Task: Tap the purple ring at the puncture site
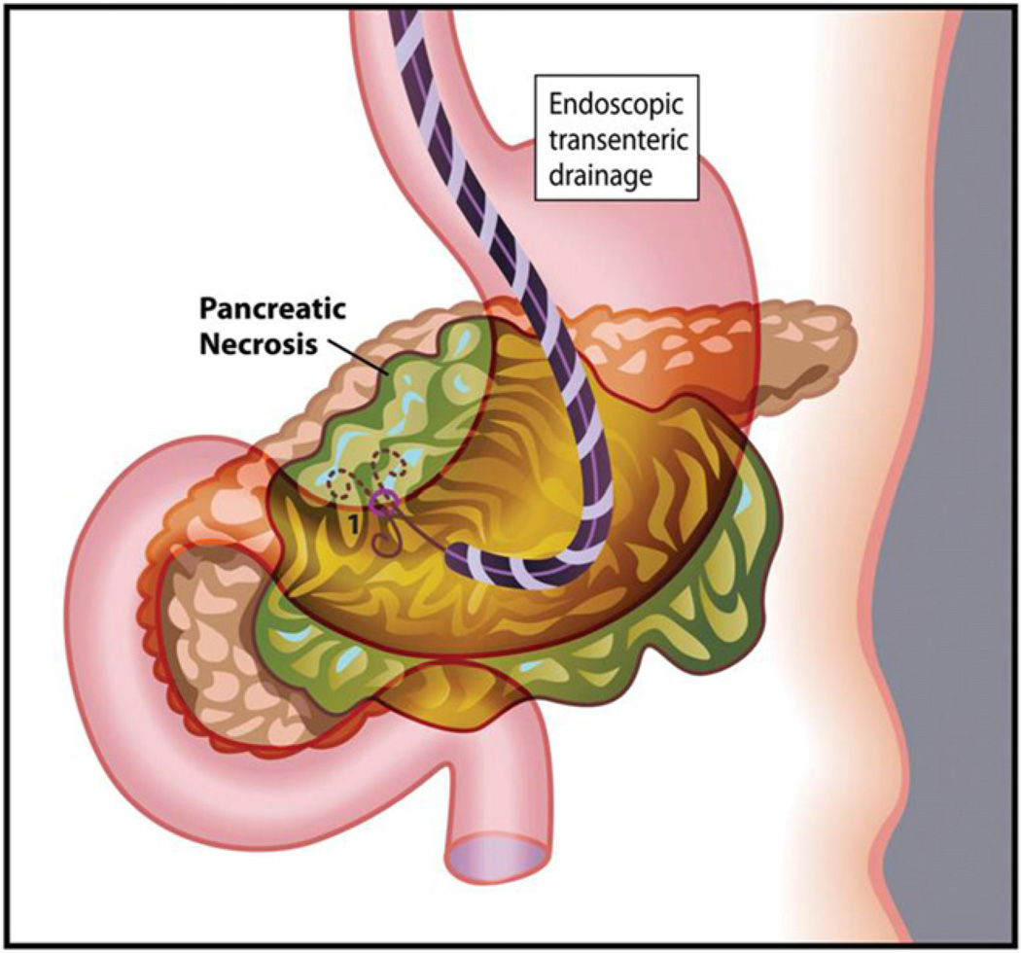click(x=384, y=503)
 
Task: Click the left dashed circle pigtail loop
click(x=344, y=480)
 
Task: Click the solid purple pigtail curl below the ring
click(x=385, y=538)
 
